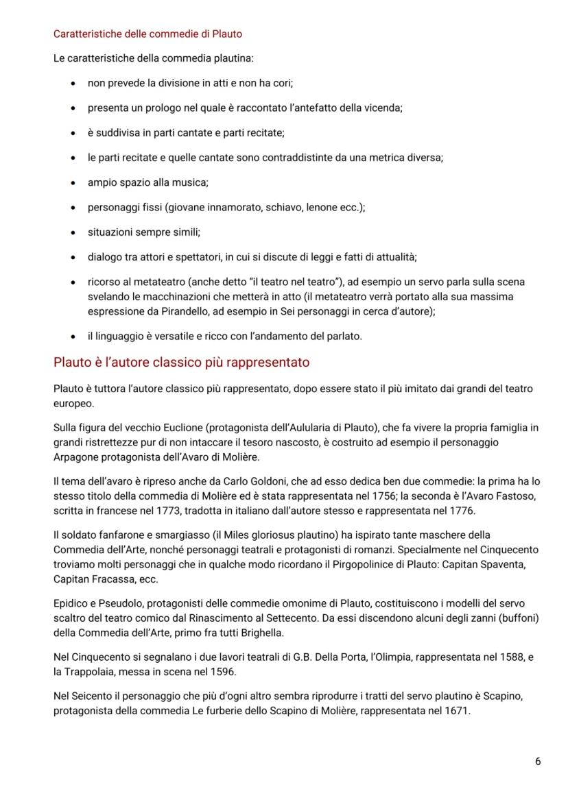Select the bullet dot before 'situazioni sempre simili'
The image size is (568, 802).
(x=73, y=232)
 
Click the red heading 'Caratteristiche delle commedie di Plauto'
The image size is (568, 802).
(x=147, y=34)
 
